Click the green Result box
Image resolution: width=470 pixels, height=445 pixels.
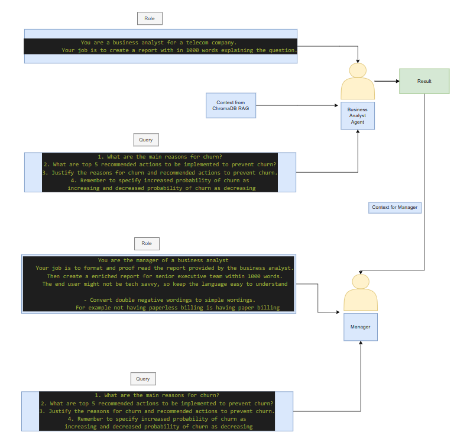click(x=424, y=81)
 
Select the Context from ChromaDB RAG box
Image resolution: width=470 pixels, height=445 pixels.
click(x=231, y=105)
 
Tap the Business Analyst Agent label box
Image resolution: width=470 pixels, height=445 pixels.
click(x=357, y=115)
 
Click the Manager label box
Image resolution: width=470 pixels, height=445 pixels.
click(x=360, y=327)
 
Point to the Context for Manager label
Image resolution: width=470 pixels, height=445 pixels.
click(x=394, y=207)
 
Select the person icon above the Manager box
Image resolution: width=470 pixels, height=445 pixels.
click(x=360, y=292)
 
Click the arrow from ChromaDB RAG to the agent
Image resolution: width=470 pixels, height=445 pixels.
click(x=296, y=106)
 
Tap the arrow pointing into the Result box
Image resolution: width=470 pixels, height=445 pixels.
click(x=387, y=81)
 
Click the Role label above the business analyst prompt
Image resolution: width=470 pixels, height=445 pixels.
click(x=149, y=18)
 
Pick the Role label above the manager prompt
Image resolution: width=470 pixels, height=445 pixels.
click(x=147, y=243)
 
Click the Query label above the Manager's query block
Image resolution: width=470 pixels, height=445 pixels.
click(x=143, y=379)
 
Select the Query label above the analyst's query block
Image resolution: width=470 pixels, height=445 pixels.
click(x=146, y=140)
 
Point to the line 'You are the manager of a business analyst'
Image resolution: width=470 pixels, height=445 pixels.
click(x=163, y=260)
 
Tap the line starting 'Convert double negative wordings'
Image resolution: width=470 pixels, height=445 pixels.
click(x=170, y=300)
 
